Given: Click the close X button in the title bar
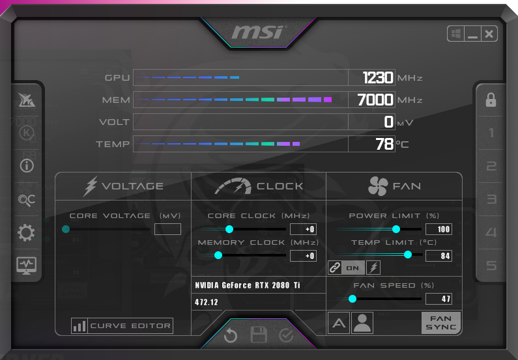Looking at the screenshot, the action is [x=489, y=34].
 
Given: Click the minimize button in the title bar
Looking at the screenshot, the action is [x=472, y=34].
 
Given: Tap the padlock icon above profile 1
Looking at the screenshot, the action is [x=491, y=100].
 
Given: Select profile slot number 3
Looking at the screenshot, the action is [x=491, y=199].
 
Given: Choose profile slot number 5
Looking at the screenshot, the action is [x=491, y=266].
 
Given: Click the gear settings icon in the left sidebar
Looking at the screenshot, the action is [x=27, y=232].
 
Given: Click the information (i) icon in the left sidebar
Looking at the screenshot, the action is [x=27, y=165].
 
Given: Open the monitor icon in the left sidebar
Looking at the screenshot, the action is [x=27, y=265].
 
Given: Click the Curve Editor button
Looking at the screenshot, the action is [x=122, y=326].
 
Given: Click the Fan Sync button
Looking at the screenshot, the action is [x=441, y=323].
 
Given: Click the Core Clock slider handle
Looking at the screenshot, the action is [x=229, y=229].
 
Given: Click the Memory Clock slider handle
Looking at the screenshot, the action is [x=218, y=255].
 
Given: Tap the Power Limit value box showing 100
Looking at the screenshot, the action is [x=439, y=229].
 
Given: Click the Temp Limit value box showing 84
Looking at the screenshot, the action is [x=439, y=256].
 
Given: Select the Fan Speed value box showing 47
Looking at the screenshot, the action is [x=439, y=299].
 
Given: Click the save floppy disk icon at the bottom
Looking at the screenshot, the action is [x=259, y=335].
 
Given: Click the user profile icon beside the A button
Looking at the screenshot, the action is [x=362, y=323].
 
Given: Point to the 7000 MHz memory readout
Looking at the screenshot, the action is [x=375, y=100].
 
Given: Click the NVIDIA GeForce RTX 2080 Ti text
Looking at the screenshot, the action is [x=248, y=285].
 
